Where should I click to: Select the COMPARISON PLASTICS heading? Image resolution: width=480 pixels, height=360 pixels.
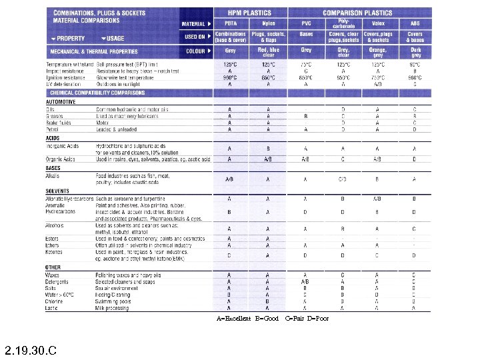(x=360, y=13)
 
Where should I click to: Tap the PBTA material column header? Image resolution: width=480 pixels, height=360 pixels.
(x=230, y=23)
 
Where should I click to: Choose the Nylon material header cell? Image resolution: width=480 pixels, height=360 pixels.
(x=268, y=23)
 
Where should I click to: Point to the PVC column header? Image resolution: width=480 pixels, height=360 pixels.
(x=306, y=23)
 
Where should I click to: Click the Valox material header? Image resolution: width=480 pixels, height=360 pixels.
(x=377, y=23)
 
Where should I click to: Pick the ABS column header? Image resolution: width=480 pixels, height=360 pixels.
(x=415, y=23)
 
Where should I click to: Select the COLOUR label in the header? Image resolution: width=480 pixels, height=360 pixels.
(x=198, y=51)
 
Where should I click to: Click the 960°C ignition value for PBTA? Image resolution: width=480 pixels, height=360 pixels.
(x=230, y=77)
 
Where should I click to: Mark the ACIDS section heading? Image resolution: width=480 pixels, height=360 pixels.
(x=53, y=138)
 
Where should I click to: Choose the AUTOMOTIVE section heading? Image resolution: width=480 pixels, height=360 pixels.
(x=61, y=102)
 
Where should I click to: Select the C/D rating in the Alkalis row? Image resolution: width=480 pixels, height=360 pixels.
(x=342, y=179)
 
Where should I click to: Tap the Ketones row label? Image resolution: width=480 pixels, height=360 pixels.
(x=54, y=252)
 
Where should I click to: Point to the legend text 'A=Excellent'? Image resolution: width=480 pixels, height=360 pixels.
(x=234, y=319)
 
